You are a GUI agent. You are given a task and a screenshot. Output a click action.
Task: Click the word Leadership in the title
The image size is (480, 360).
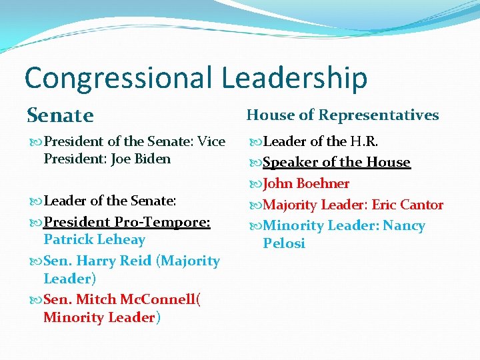click(x=294, y=78)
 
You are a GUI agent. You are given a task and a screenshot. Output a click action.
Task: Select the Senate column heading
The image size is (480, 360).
click(x=61, y=115)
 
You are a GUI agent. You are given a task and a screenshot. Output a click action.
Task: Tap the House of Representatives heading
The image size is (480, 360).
click(x=343, y=115)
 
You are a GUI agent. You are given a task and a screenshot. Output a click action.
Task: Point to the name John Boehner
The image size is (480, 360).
click(x=306, y=183)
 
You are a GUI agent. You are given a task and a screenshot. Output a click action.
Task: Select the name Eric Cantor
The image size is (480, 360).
click(x=407, y=205)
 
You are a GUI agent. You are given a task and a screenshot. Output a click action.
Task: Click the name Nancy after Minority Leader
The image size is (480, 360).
click(x=404, y=226)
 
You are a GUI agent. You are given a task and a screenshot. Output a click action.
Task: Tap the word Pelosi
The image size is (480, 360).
click(x=284, y=243)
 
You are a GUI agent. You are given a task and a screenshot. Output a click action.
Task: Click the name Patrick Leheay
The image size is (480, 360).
click(x=94, y=239)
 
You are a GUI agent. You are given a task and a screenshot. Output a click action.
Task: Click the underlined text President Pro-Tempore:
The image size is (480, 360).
click(x=127, y=222)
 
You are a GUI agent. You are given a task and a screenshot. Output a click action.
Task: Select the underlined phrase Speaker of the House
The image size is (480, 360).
click(x=337, y=162)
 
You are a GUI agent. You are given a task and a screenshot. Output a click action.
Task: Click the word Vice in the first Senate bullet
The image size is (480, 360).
click(x=212, y=141)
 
